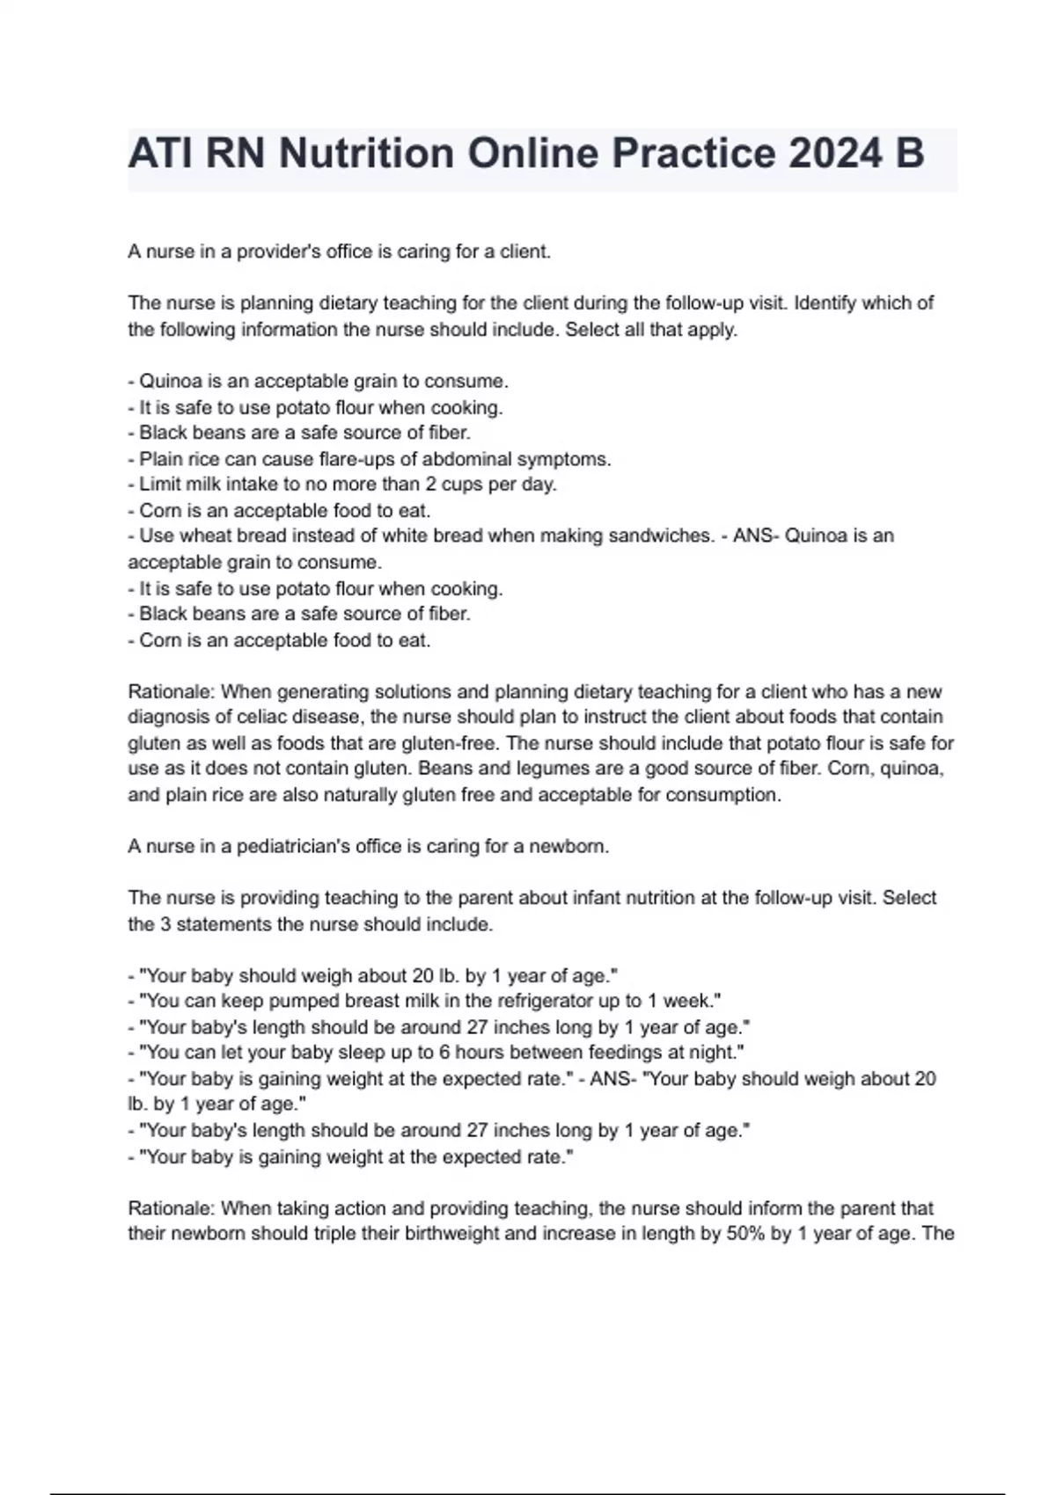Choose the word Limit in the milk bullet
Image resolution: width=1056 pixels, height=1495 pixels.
(x=160, y=485)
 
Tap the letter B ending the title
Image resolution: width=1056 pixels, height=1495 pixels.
(x=908, y=154)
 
